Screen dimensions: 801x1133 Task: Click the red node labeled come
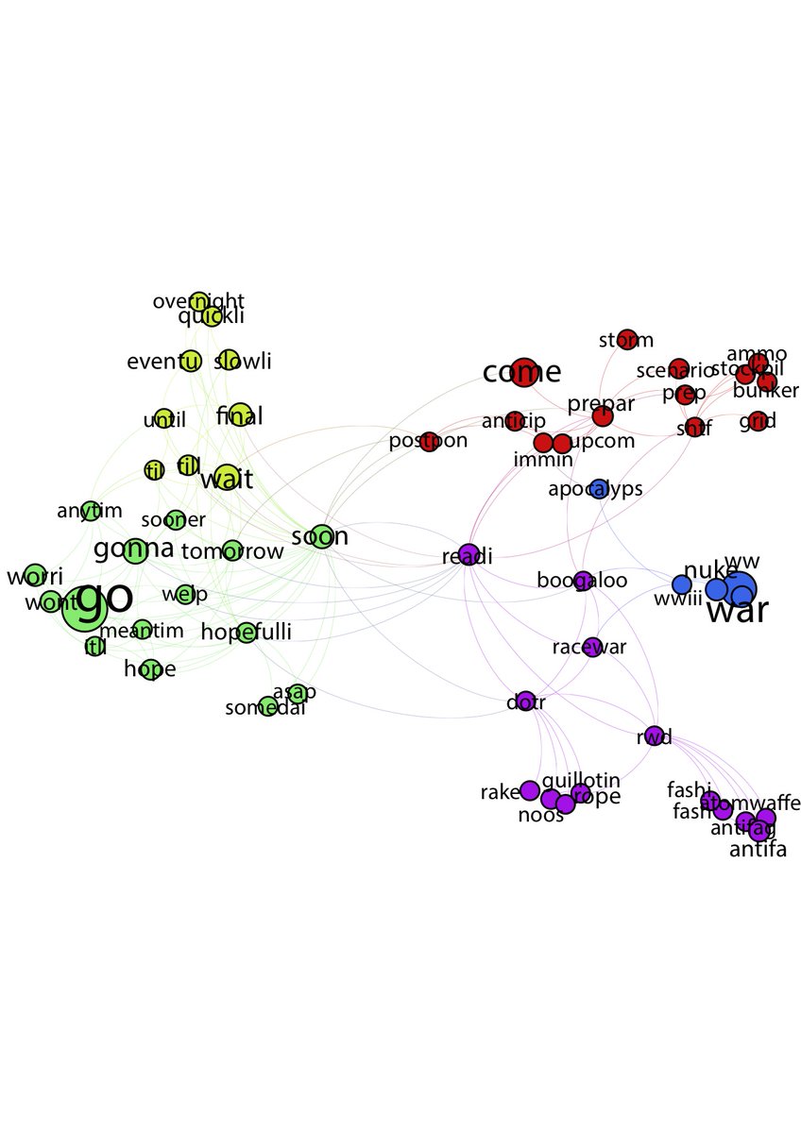click(522, 372)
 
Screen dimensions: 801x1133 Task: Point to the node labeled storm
click(626, 340)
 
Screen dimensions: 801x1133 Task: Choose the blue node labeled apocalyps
click(598, 488)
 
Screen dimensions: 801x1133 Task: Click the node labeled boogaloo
click(583, 580)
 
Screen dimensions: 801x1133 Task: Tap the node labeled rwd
click(654, 736)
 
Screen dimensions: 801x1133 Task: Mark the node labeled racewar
click(592, 647)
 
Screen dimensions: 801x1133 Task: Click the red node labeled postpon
click(429, 440)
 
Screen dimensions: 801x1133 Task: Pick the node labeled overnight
click(198, 301)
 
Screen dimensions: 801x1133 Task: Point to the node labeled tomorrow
click(231, 550)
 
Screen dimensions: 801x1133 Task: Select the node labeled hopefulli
click(247, 632)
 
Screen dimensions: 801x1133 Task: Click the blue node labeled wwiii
click(681, 584)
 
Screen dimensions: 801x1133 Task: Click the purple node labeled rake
click(529, 790)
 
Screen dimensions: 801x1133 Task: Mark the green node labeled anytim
click(90, 511)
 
